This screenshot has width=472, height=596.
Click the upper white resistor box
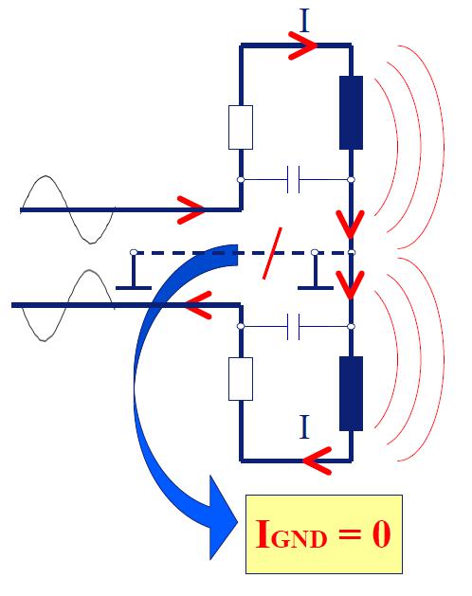click(241, 127)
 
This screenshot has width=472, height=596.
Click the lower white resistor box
click(241, 379)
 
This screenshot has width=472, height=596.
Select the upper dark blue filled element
click(351, 113)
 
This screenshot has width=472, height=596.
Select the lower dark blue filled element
click(351, 393)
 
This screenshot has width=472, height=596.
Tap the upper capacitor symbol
click(293, 179)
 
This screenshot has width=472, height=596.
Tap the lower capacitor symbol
click(293, 327)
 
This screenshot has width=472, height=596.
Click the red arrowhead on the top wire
click(303, 45)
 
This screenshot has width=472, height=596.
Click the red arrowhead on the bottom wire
click(318, 461)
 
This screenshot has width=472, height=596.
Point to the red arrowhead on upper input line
click(191, 209)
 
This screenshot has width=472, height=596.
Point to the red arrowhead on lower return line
click(198, 305)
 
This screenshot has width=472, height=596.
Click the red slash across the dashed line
click(272, 253)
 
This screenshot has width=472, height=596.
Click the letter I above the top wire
click(304, 21)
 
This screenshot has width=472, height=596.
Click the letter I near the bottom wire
click(304, 426)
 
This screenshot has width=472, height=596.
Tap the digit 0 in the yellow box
click(381, 534)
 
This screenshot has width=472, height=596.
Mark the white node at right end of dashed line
click(352, 252)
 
